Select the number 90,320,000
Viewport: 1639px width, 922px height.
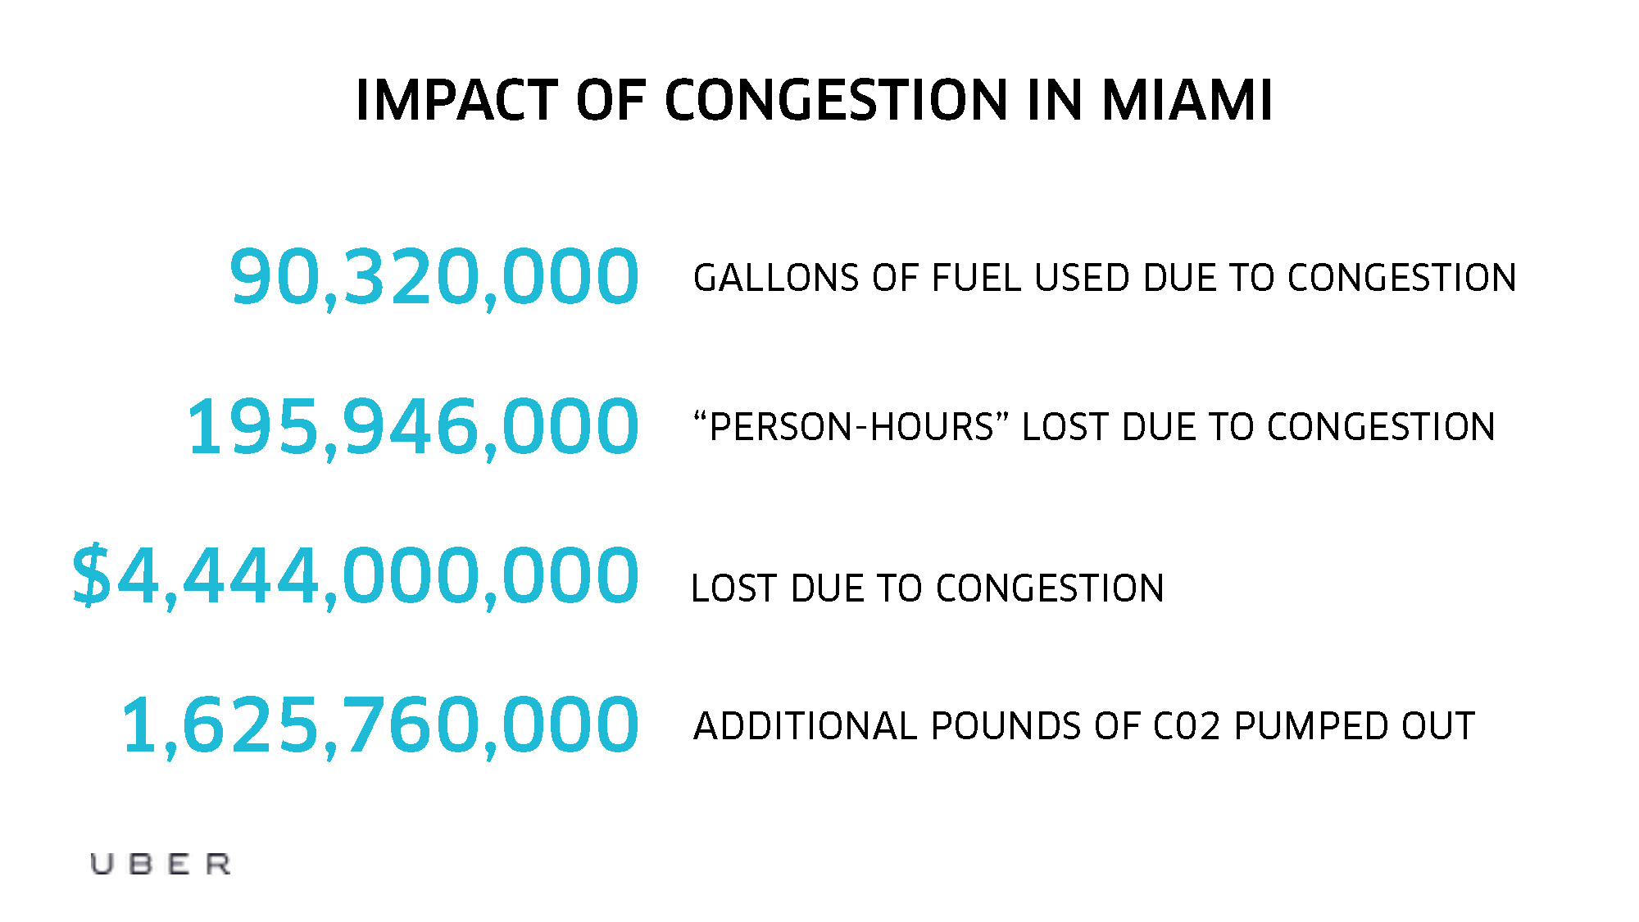[434, 277]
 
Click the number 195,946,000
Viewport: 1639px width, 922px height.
[412, 426]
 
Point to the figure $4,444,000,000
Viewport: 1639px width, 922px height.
[355, 576]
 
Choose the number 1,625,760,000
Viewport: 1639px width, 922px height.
[379, 725]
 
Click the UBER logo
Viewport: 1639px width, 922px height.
[161, 864]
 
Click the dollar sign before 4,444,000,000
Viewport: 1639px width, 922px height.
[91, 576]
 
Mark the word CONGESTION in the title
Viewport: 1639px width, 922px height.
[836, 101]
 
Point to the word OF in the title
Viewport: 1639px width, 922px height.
[611, 101]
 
